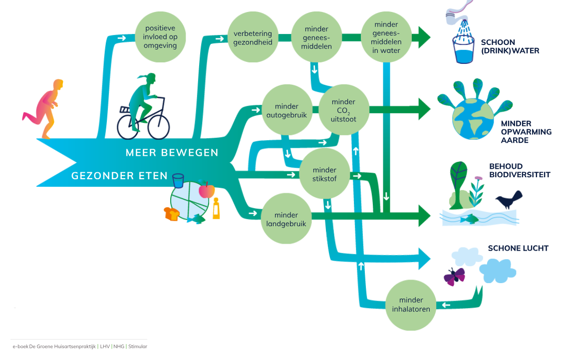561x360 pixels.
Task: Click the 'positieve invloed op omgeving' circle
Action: click(160, 37)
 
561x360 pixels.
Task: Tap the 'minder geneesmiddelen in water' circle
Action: click(386, 37)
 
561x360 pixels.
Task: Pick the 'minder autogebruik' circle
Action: click(286, 110)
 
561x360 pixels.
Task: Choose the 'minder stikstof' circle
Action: click(324, 175)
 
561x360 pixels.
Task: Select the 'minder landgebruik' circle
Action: click(286, 219)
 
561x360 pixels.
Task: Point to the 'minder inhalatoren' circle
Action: click(411, 305)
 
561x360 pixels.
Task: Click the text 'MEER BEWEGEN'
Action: click(172, 153)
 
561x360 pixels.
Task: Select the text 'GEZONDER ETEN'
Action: click(109, 176)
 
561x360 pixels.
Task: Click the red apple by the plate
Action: click(206, 190)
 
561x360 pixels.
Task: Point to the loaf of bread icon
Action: click(171, 214)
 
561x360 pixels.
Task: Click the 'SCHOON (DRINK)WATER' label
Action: click(509, 46)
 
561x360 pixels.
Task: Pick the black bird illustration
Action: click(509, 200)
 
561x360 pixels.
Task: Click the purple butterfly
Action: click(454, 276)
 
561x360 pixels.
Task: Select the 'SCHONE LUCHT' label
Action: click(518, 248)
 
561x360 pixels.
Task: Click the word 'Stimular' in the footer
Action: click(138, 346)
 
